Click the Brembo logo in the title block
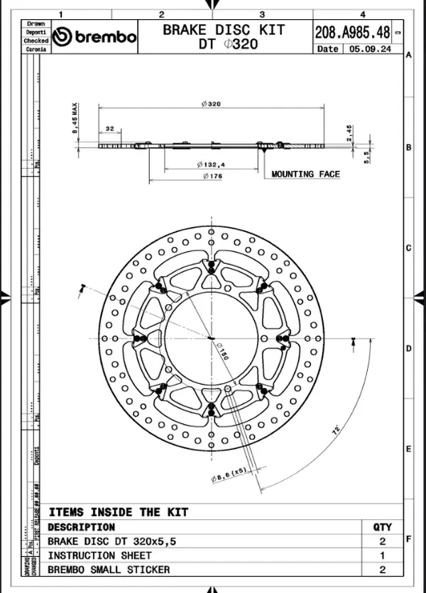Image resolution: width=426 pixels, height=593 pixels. [95, 37]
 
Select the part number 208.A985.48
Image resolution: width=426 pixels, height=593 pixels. [352, 31]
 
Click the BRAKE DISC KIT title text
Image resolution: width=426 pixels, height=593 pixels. [224, 30]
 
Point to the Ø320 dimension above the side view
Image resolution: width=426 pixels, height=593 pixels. [211, 104]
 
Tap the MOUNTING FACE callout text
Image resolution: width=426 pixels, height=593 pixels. [305, 174]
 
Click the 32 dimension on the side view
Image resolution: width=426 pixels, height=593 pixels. [109, 129]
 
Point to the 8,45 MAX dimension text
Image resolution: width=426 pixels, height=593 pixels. [74, 122]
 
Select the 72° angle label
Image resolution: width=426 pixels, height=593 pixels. [335, 429]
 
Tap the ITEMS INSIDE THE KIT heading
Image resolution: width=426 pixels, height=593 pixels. [119, 512]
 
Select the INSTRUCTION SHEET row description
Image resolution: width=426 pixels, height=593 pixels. [99, 555]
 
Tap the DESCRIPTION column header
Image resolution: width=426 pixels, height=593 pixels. [81, 527]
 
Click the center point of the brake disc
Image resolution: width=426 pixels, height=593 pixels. [210, 338]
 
